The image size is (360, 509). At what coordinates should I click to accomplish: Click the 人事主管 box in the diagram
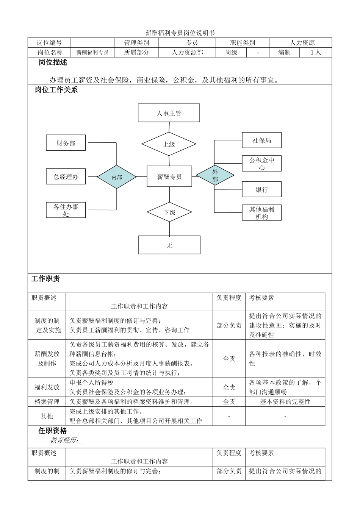[169, 113]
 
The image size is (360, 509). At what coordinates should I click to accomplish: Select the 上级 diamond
[169, 144]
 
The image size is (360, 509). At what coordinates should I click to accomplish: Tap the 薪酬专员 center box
[169, 176]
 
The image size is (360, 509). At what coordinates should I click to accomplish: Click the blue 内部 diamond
[116, 177]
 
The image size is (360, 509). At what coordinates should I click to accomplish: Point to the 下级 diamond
[169, 212]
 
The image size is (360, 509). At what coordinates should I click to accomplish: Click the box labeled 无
[169, 245]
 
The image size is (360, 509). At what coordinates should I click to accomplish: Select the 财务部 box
[66, 143]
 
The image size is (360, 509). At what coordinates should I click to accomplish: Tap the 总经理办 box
[66, 176]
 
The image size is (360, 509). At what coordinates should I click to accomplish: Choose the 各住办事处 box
[66, 210]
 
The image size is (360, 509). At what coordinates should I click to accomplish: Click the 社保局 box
[261, 141]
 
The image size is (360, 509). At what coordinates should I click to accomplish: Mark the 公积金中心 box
[261, 163]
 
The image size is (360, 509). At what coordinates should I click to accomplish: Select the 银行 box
[261, 189]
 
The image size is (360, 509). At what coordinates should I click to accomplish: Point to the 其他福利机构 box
[261, 213]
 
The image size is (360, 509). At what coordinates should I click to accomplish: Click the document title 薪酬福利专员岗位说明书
[180, 33]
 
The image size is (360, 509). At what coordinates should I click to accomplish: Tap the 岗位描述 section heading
[53, 62]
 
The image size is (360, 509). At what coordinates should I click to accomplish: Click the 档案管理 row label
[47, 401]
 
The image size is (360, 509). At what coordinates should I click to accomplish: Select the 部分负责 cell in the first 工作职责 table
[229, 325]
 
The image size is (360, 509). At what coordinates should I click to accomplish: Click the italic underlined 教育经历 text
[66, 440]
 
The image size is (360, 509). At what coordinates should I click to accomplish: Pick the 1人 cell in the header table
[316, 53]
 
